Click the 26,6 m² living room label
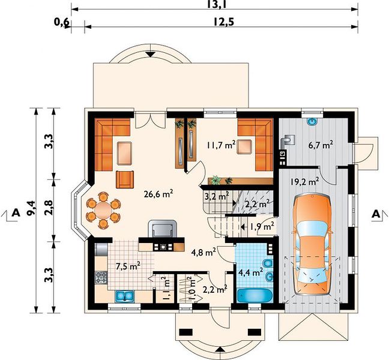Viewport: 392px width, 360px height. click(x=158, y=194)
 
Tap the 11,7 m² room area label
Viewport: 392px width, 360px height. click(x=221, y=145)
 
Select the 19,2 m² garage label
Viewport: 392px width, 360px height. click(x=304, y=181)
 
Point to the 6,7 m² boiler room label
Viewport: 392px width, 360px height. click(x=321, y=145)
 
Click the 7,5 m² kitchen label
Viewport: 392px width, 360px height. click(x=128, y=266)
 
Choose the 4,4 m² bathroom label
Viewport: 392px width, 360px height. click(x=250, y=272)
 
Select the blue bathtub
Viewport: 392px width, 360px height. click(x=255, y=296)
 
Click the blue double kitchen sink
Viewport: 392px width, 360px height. click(x=124, y=296)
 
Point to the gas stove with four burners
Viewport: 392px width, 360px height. click(x=101, y=277)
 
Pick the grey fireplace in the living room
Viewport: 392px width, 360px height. click(x=162, y=229)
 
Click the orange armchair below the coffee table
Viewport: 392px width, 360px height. click(x=125, y=179)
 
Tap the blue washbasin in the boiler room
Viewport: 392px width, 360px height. click(x=312, y=122)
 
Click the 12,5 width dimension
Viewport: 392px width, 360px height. click(x=224, y=22)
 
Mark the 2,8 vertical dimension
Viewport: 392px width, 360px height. click(x=49, y=208)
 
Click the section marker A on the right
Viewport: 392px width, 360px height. click(x=376, y=214)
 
